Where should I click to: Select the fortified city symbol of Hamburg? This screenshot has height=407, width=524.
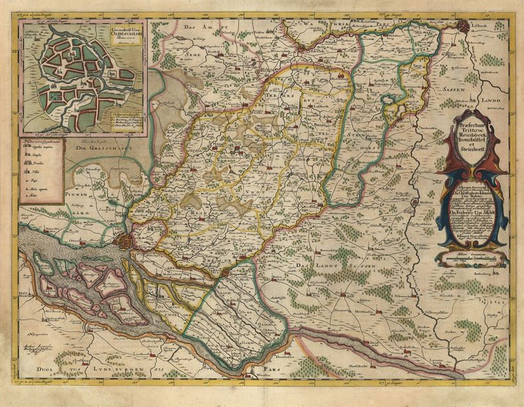coord(124,240)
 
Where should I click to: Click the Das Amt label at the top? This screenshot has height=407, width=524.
coord(208,25)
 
